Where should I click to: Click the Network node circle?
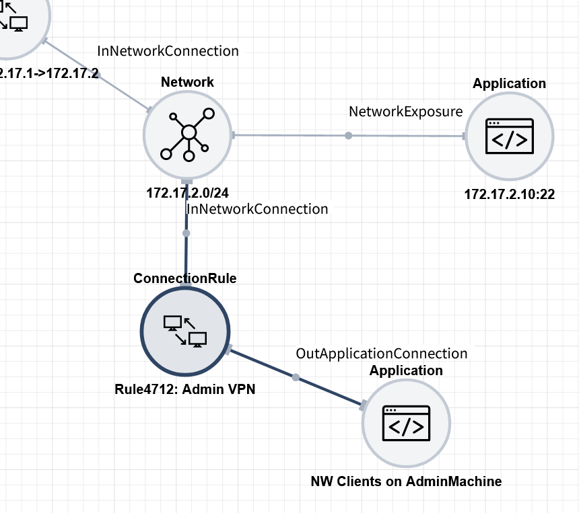click(188, 134)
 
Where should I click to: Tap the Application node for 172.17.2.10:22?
click(510, 136)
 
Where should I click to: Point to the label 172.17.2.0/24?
click(187, 193)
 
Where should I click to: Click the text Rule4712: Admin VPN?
click(185, 389)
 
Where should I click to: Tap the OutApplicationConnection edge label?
click(382, 354)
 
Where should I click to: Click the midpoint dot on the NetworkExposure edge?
click(348, 136)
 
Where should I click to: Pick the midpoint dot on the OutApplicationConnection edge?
click(296, 377)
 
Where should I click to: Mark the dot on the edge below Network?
click(186, 233)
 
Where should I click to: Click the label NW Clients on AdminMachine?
click(406, 481)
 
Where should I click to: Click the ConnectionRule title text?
click(185, 278)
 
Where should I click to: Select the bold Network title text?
click(187, 82)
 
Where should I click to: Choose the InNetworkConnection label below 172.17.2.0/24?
click(257, 209)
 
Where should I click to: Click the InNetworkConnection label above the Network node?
click(168, 50)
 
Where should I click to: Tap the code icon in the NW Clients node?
click(406, 424)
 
